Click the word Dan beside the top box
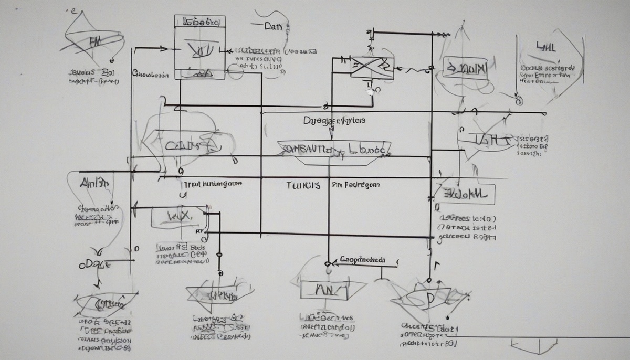pos(274,25)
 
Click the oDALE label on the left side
pos(94,264)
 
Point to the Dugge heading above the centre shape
pos(334,120)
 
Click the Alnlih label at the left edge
pos(94,183)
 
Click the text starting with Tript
pos(212,185)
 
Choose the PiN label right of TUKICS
pos(355,185)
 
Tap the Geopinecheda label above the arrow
pos(362,259)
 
